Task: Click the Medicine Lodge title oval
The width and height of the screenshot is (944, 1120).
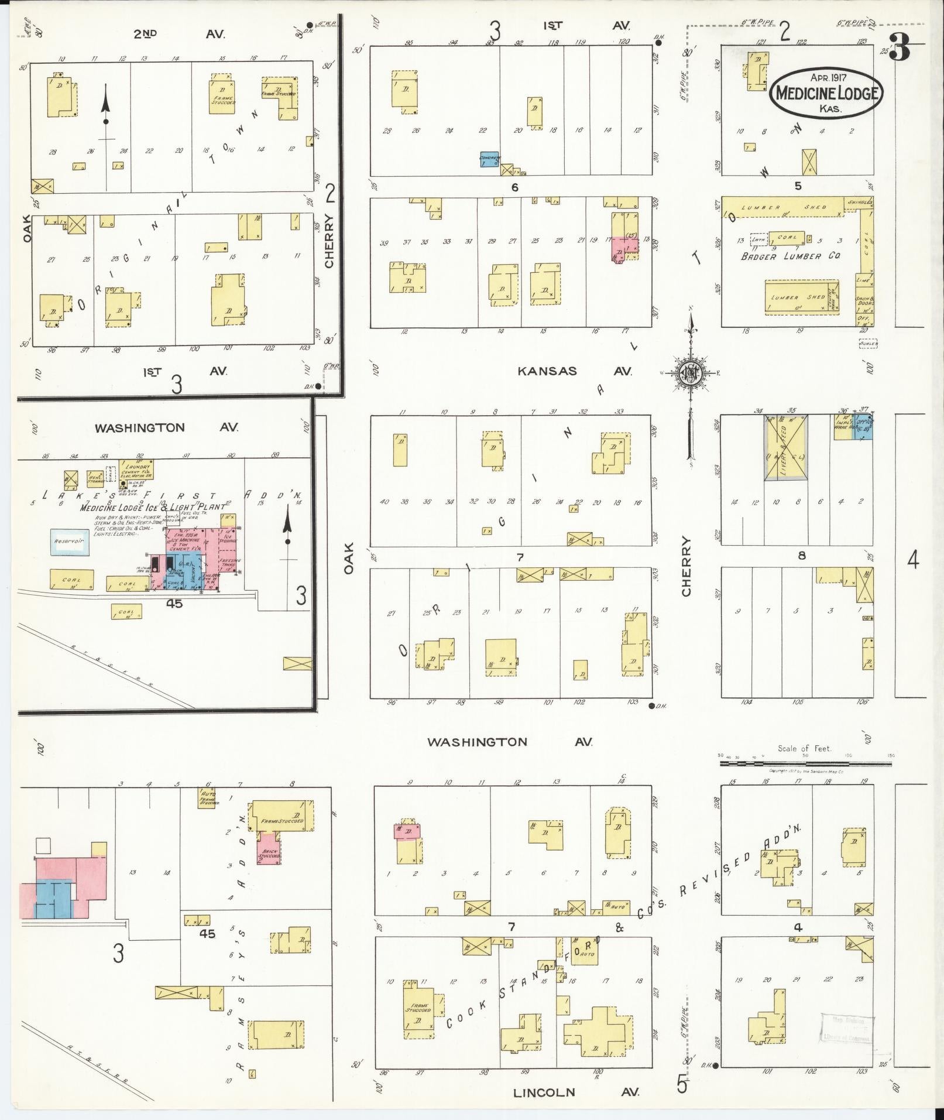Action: point(826,93)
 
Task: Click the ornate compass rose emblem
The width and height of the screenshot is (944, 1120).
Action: point(691,372)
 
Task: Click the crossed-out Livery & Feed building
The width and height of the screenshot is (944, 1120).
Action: point(786,448)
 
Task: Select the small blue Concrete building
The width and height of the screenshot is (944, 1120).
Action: point(489,159)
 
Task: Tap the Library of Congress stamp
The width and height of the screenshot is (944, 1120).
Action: point(846,1029)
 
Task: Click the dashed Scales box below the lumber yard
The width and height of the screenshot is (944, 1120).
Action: point(868,344)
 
